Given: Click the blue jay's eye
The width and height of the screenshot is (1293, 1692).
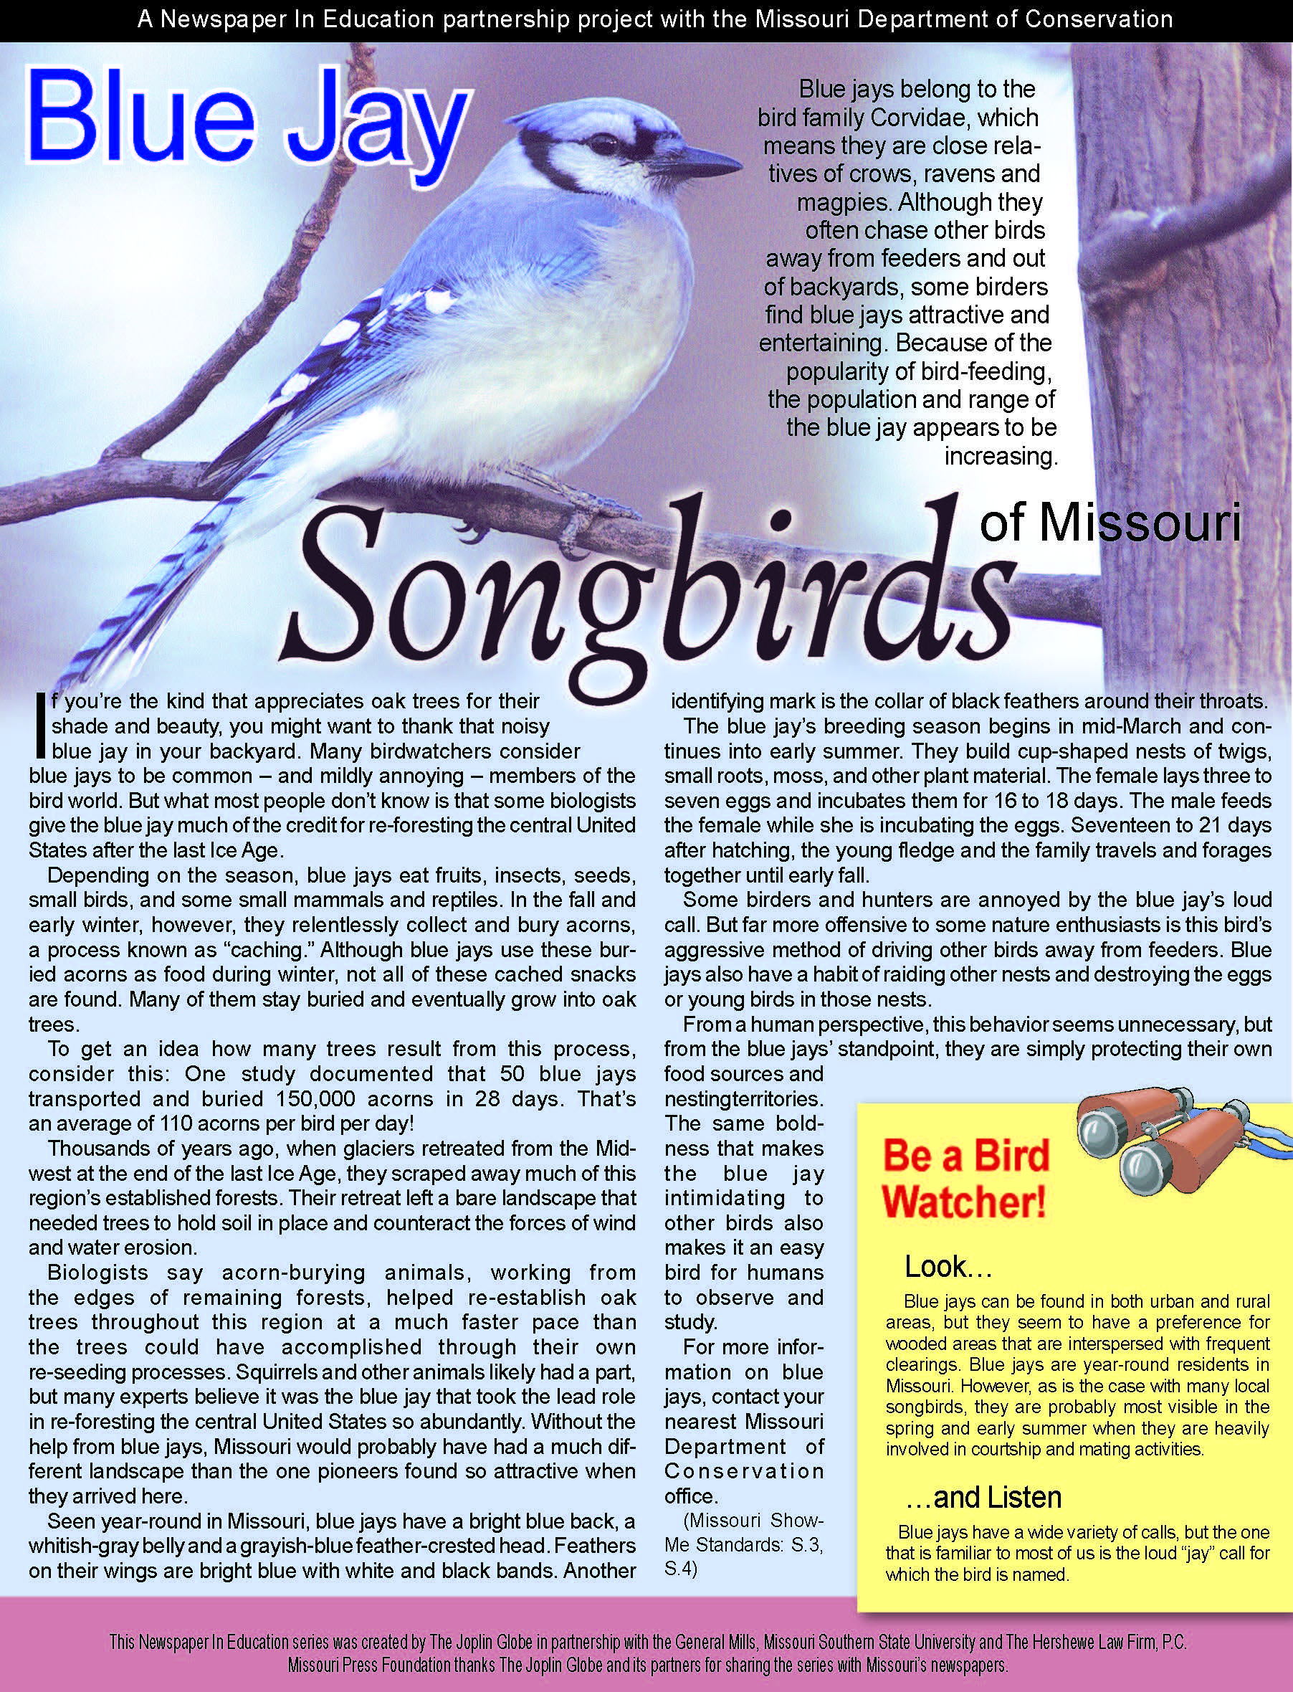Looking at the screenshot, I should (x=598, y=144).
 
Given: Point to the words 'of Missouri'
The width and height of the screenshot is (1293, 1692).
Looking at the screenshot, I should (x=1111, y=523).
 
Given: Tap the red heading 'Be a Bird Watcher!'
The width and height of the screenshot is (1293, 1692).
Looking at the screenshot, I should (x=965, y=1179).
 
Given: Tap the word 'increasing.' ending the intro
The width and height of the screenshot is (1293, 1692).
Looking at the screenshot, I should (x=1001, y=457).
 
